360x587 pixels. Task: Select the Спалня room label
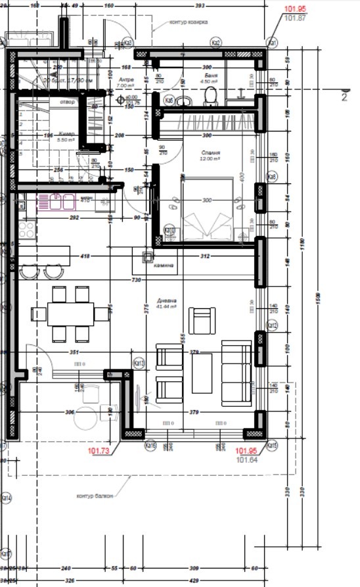(x=210, y=151)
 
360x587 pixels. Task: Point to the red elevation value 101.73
(x=99, y=451)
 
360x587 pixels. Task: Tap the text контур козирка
(x=189, y=22)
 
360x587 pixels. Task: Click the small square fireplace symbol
(x=148, y=257)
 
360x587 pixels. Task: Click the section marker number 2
(x=344, y=97)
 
